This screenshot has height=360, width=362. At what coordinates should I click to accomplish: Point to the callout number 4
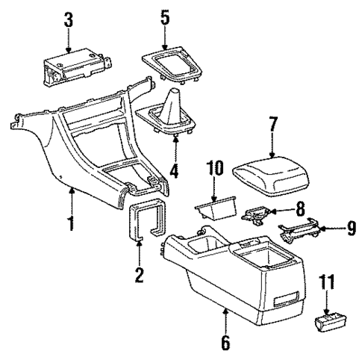click(175, 171)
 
